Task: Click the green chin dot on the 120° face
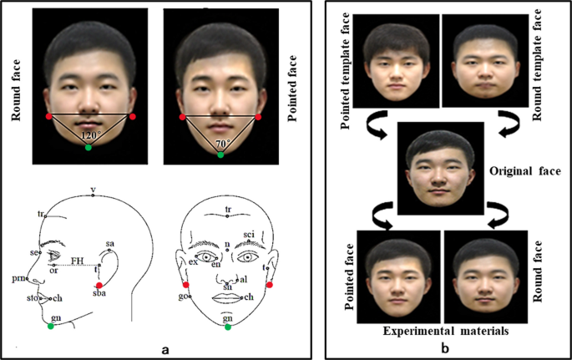coord(89,148)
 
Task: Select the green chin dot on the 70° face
coord(220,155)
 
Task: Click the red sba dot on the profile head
coord(99,286)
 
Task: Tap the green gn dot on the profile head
coord(51,327)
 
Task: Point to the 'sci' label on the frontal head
coord(248,234)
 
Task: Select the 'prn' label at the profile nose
coord(18,277)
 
